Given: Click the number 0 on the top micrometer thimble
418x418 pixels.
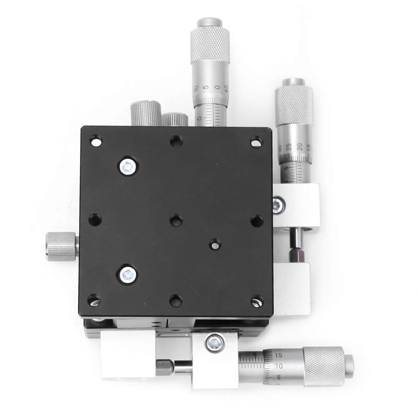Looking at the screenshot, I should click(x=217, y=87).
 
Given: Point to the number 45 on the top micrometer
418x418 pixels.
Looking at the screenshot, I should click(x=226, y=88).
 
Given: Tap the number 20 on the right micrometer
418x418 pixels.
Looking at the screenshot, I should click(x=299, y=146).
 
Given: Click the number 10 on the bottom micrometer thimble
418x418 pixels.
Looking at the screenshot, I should click(x=279, y=365).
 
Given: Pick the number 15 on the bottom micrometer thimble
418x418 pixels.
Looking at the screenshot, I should click(x=279, y=355).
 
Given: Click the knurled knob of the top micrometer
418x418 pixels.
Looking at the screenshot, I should click(x=210, y=42).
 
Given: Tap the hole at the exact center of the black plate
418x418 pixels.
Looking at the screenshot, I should click(x=176, y=220).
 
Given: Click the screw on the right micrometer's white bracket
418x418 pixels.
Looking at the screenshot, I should click(x=277, y=205).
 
